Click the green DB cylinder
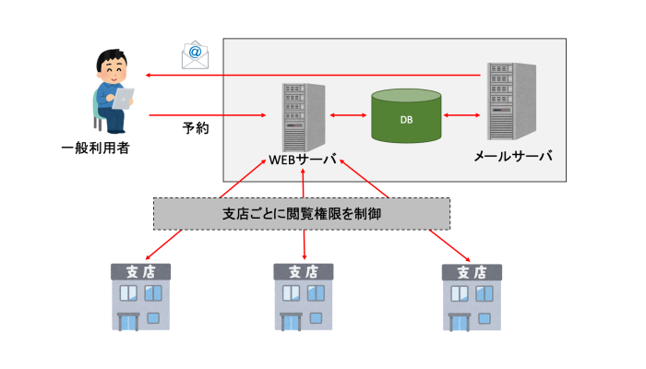406,116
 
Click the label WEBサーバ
303,158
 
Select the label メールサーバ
512,157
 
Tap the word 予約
195,127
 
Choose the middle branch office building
305,297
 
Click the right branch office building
472,297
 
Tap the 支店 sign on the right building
472,273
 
